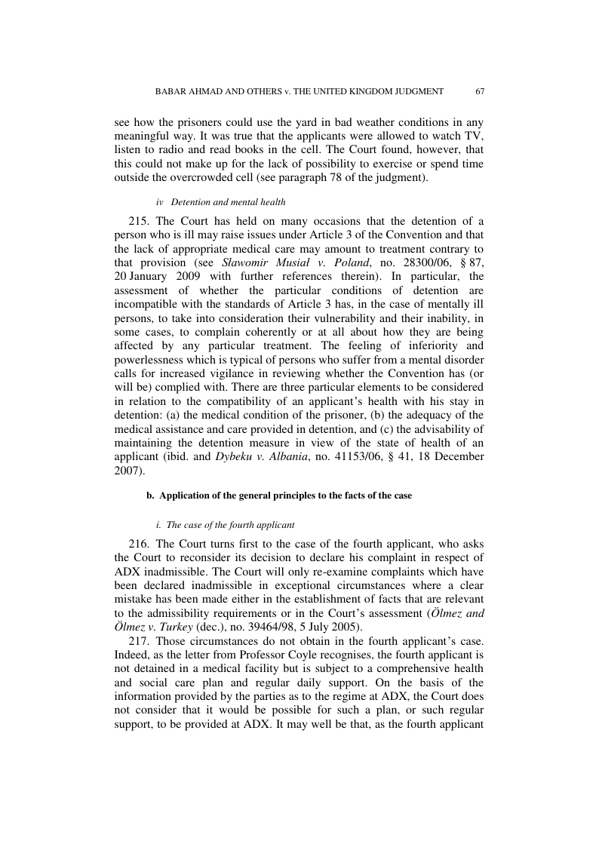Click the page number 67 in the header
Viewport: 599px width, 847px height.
pos(480,91)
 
